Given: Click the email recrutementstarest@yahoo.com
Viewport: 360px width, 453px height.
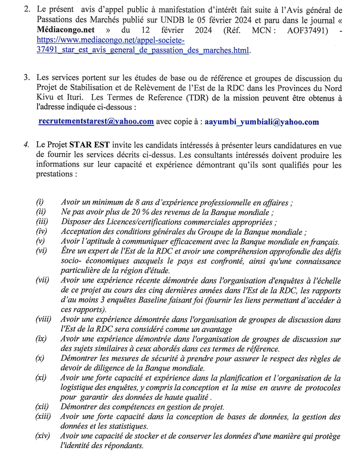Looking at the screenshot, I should (x=96, y=121).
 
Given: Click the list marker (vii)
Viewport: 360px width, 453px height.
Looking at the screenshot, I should (x=43, y=280).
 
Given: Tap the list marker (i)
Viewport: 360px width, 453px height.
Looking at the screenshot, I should (x=39, y=202).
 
